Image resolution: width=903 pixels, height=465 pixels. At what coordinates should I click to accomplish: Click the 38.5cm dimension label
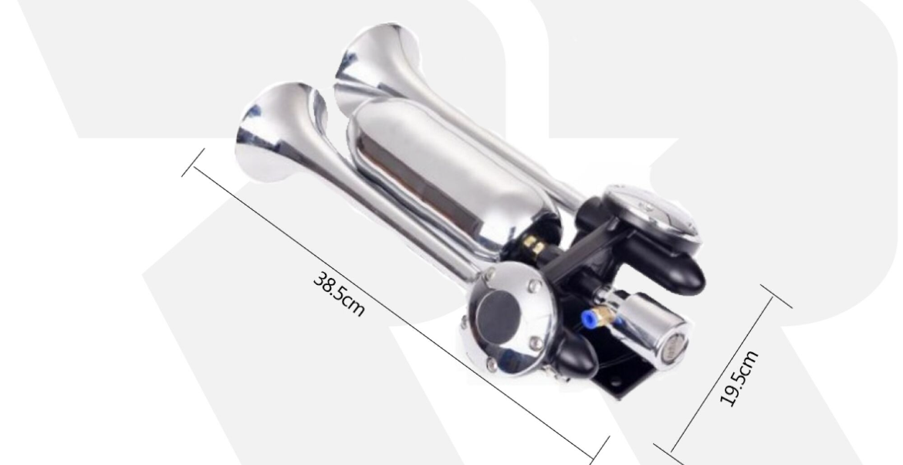click(x=339, y=294)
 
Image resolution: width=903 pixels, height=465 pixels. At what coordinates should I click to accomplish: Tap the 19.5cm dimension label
click(x=739, y=378)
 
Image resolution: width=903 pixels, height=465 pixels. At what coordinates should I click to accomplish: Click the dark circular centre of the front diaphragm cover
click(x=499, y=314)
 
